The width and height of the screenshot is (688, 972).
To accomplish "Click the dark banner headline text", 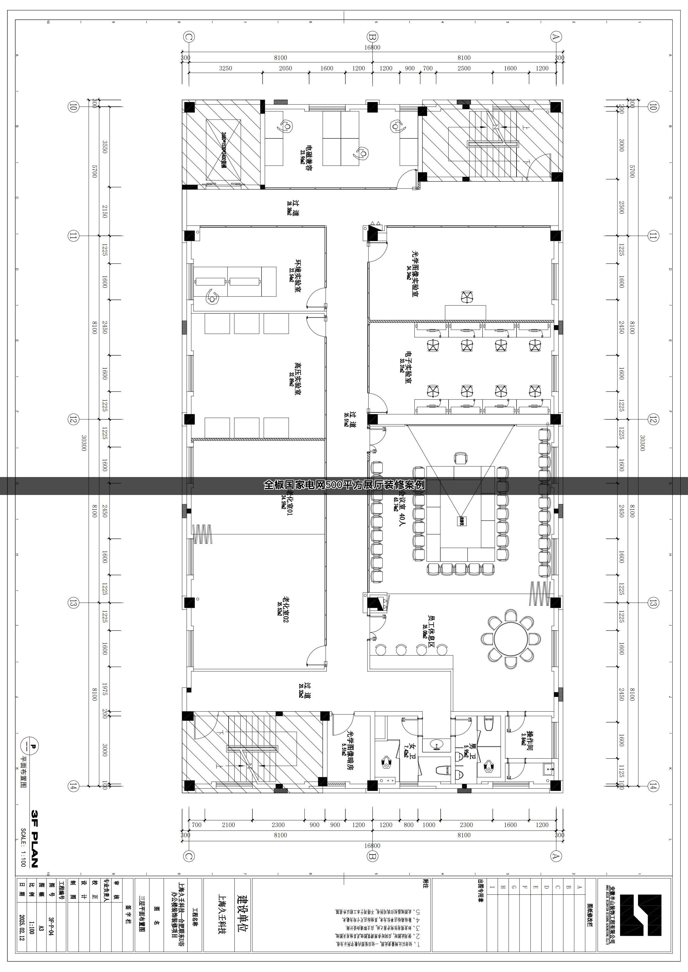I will point(344,485).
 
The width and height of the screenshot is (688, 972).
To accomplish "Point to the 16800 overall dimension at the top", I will point(372,47).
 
